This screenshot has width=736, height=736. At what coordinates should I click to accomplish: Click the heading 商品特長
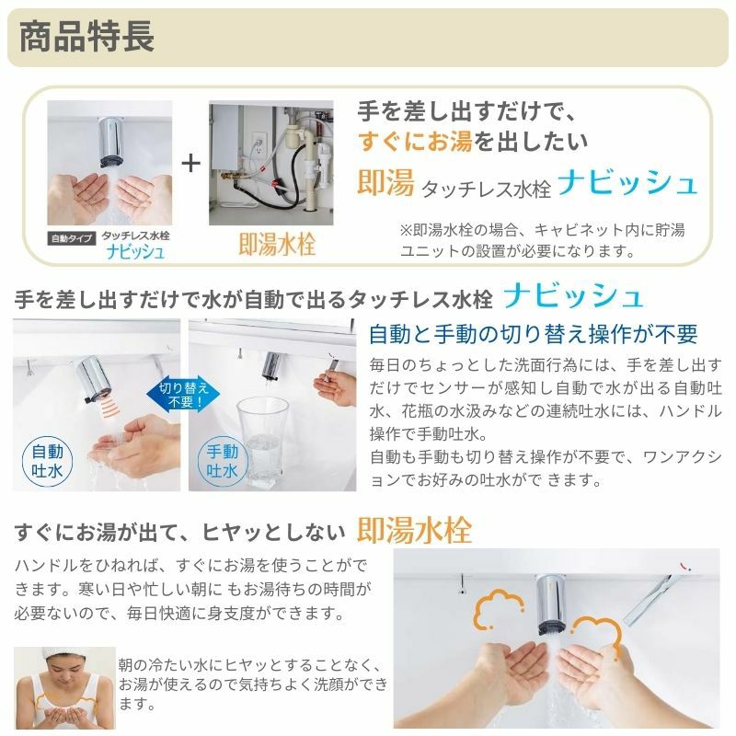86,38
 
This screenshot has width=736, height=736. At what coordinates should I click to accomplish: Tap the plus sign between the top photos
190,164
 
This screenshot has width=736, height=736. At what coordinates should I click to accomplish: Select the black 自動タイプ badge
70,236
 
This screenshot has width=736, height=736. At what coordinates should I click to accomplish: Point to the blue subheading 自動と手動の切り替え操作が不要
533,333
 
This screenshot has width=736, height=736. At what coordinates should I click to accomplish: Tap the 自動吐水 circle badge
46,461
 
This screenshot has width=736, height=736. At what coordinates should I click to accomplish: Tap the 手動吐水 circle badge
222,461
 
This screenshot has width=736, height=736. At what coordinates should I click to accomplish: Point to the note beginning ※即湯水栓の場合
543,239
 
